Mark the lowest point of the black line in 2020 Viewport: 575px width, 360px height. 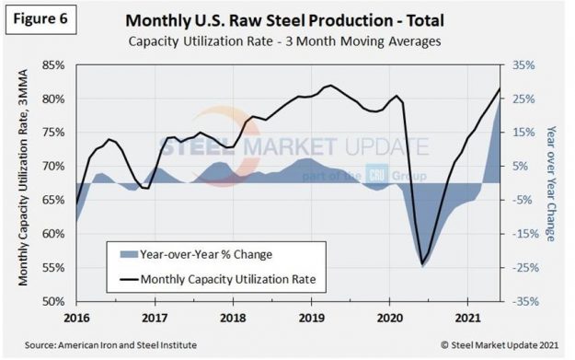(422, 265)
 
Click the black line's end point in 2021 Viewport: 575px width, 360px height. (500, 88)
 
